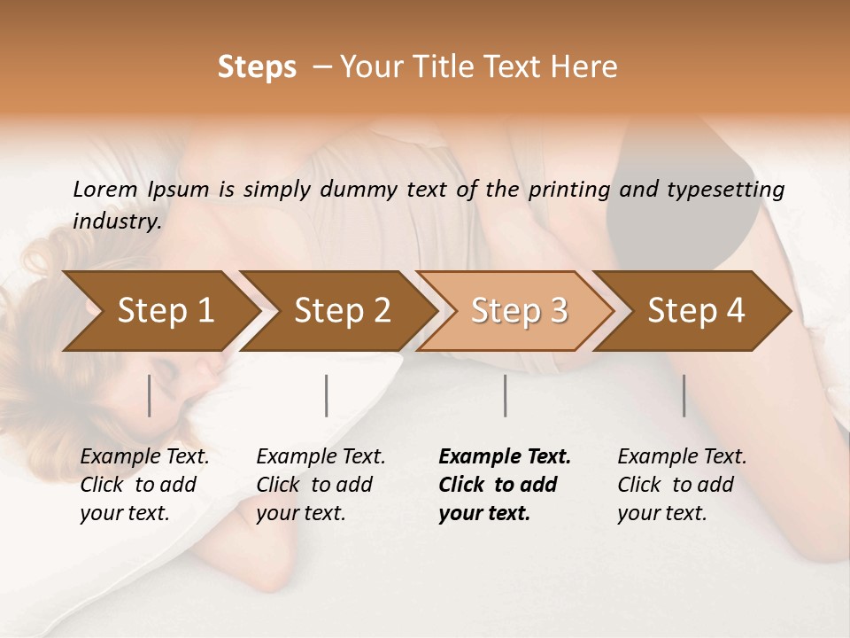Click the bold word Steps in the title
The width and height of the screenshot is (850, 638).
pos(257,67)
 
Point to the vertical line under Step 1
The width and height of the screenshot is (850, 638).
pos(150,395)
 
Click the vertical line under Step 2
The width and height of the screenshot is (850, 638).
pos(327,395)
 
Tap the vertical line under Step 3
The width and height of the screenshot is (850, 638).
pos(506,395)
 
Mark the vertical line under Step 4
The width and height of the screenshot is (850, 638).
pos(684,395)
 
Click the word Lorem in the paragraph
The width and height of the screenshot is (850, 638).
pos(105,190)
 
